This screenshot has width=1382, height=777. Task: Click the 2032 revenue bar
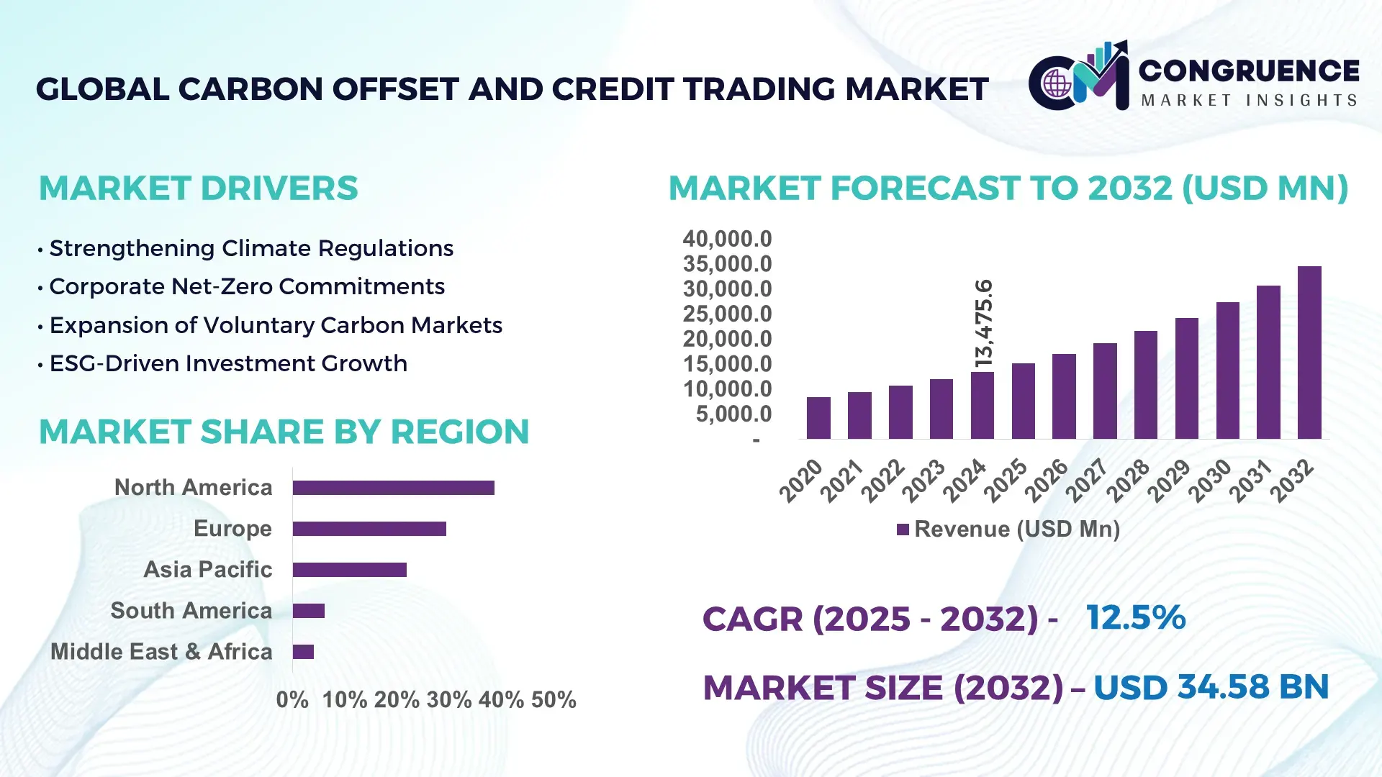click(1309, 353)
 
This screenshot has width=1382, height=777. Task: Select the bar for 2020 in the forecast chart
click(818, 418)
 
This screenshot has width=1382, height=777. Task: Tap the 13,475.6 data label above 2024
click(983, 324)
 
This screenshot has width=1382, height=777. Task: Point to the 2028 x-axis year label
click(1128, 481)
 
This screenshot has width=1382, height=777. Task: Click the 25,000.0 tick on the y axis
click(727, 314)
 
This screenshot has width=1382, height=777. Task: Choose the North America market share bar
click(393, 488)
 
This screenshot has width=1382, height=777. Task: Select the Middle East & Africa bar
click(303, 652)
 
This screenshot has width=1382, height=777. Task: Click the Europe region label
click(232, 529)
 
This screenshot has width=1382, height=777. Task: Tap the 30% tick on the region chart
click(448, 699)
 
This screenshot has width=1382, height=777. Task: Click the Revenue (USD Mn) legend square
click(903, 530)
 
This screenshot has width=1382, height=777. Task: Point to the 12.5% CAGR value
click(1135, 618)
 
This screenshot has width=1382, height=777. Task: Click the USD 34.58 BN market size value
click(1211, 687)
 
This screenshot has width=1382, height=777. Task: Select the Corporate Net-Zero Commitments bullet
click(246, 287)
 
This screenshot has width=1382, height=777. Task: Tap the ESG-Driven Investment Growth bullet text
click(227, 364)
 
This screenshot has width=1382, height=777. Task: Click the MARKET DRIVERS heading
click(198, 188)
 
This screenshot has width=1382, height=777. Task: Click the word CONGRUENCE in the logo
click(1249, 71)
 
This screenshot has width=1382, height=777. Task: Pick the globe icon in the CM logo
click(1057, 83)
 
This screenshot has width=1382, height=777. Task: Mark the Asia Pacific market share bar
click(349, 570)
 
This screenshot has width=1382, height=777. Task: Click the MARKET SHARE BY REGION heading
click(284, 432)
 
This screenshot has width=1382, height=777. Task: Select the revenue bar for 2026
click(1064, 396)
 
